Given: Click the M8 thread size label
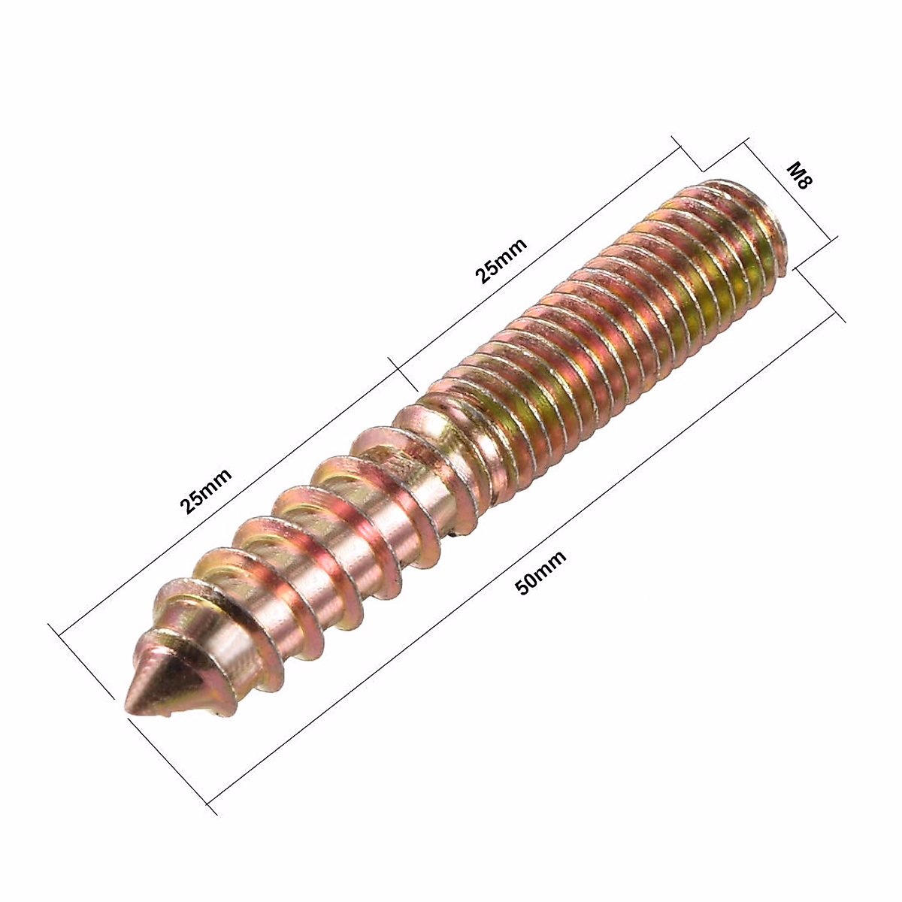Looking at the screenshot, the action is tap(800, 176).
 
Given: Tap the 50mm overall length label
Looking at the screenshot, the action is tap(540, 571).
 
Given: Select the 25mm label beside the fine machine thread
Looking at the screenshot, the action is tap(501, 260).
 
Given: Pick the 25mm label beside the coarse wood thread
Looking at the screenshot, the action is tap(206, 491).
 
